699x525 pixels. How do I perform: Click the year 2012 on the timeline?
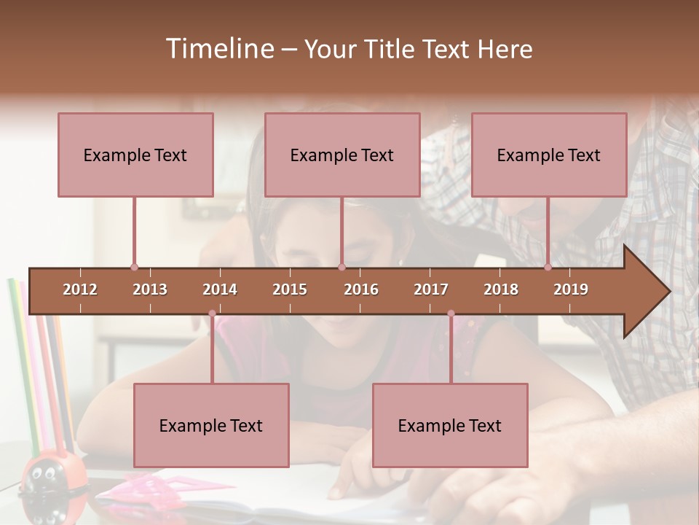click(80, 289)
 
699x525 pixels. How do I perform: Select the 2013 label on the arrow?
click(150, 289)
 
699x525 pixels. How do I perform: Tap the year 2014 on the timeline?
click(220, 289)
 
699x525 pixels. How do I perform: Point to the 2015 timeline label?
click(290, 289)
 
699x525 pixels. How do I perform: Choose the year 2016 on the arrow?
click(361, 289)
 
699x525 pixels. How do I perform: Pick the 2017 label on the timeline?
click(431, 289)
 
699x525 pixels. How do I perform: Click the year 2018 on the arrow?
click(501, 289)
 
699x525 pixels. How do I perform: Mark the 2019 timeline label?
click(571, 289)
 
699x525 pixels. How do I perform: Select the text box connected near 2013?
click(135, 155)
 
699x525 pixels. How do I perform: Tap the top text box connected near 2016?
click(342, 155)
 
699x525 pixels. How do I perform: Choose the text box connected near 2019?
click(549, 155)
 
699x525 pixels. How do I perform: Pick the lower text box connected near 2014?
click(211, 425)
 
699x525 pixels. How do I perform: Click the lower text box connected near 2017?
click(450, 425)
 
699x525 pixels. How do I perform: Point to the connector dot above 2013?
click(134, 267)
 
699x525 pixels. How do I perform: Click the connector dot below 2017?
click(451, 314)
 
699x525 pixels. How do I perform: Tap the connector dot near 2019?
click(548, 267)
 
